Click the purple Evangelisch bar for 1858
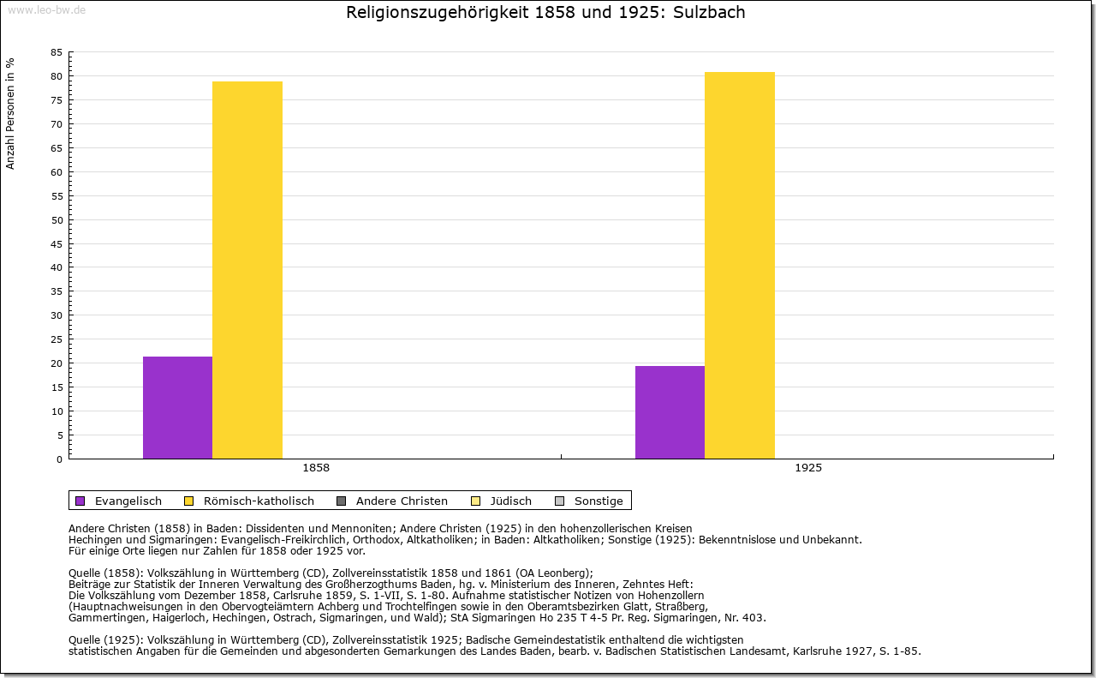coord(177,407)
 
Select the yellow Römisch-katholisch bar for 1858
coord(247,270)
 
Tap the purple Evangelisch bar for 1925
coord(670,412)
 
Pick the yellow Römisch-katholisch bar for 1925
coord(740,265)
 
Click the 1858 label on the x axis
coord(316,469)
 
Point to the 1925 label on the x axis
coord(808,469)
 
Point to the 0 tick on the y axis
coord(59,459)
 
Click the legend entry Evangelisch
coord(128,501)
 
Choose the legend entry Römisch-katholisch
coord(259,501)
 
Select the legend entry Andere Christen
coord(402,501)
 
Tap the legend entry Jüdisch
coord(511,501)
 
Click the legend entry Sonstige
coord(599,501)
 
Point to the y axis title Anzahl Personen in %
coord(11,113)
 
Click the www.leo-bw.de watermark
coord(46,9)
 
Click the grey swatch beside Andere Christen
coord(341,501)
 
